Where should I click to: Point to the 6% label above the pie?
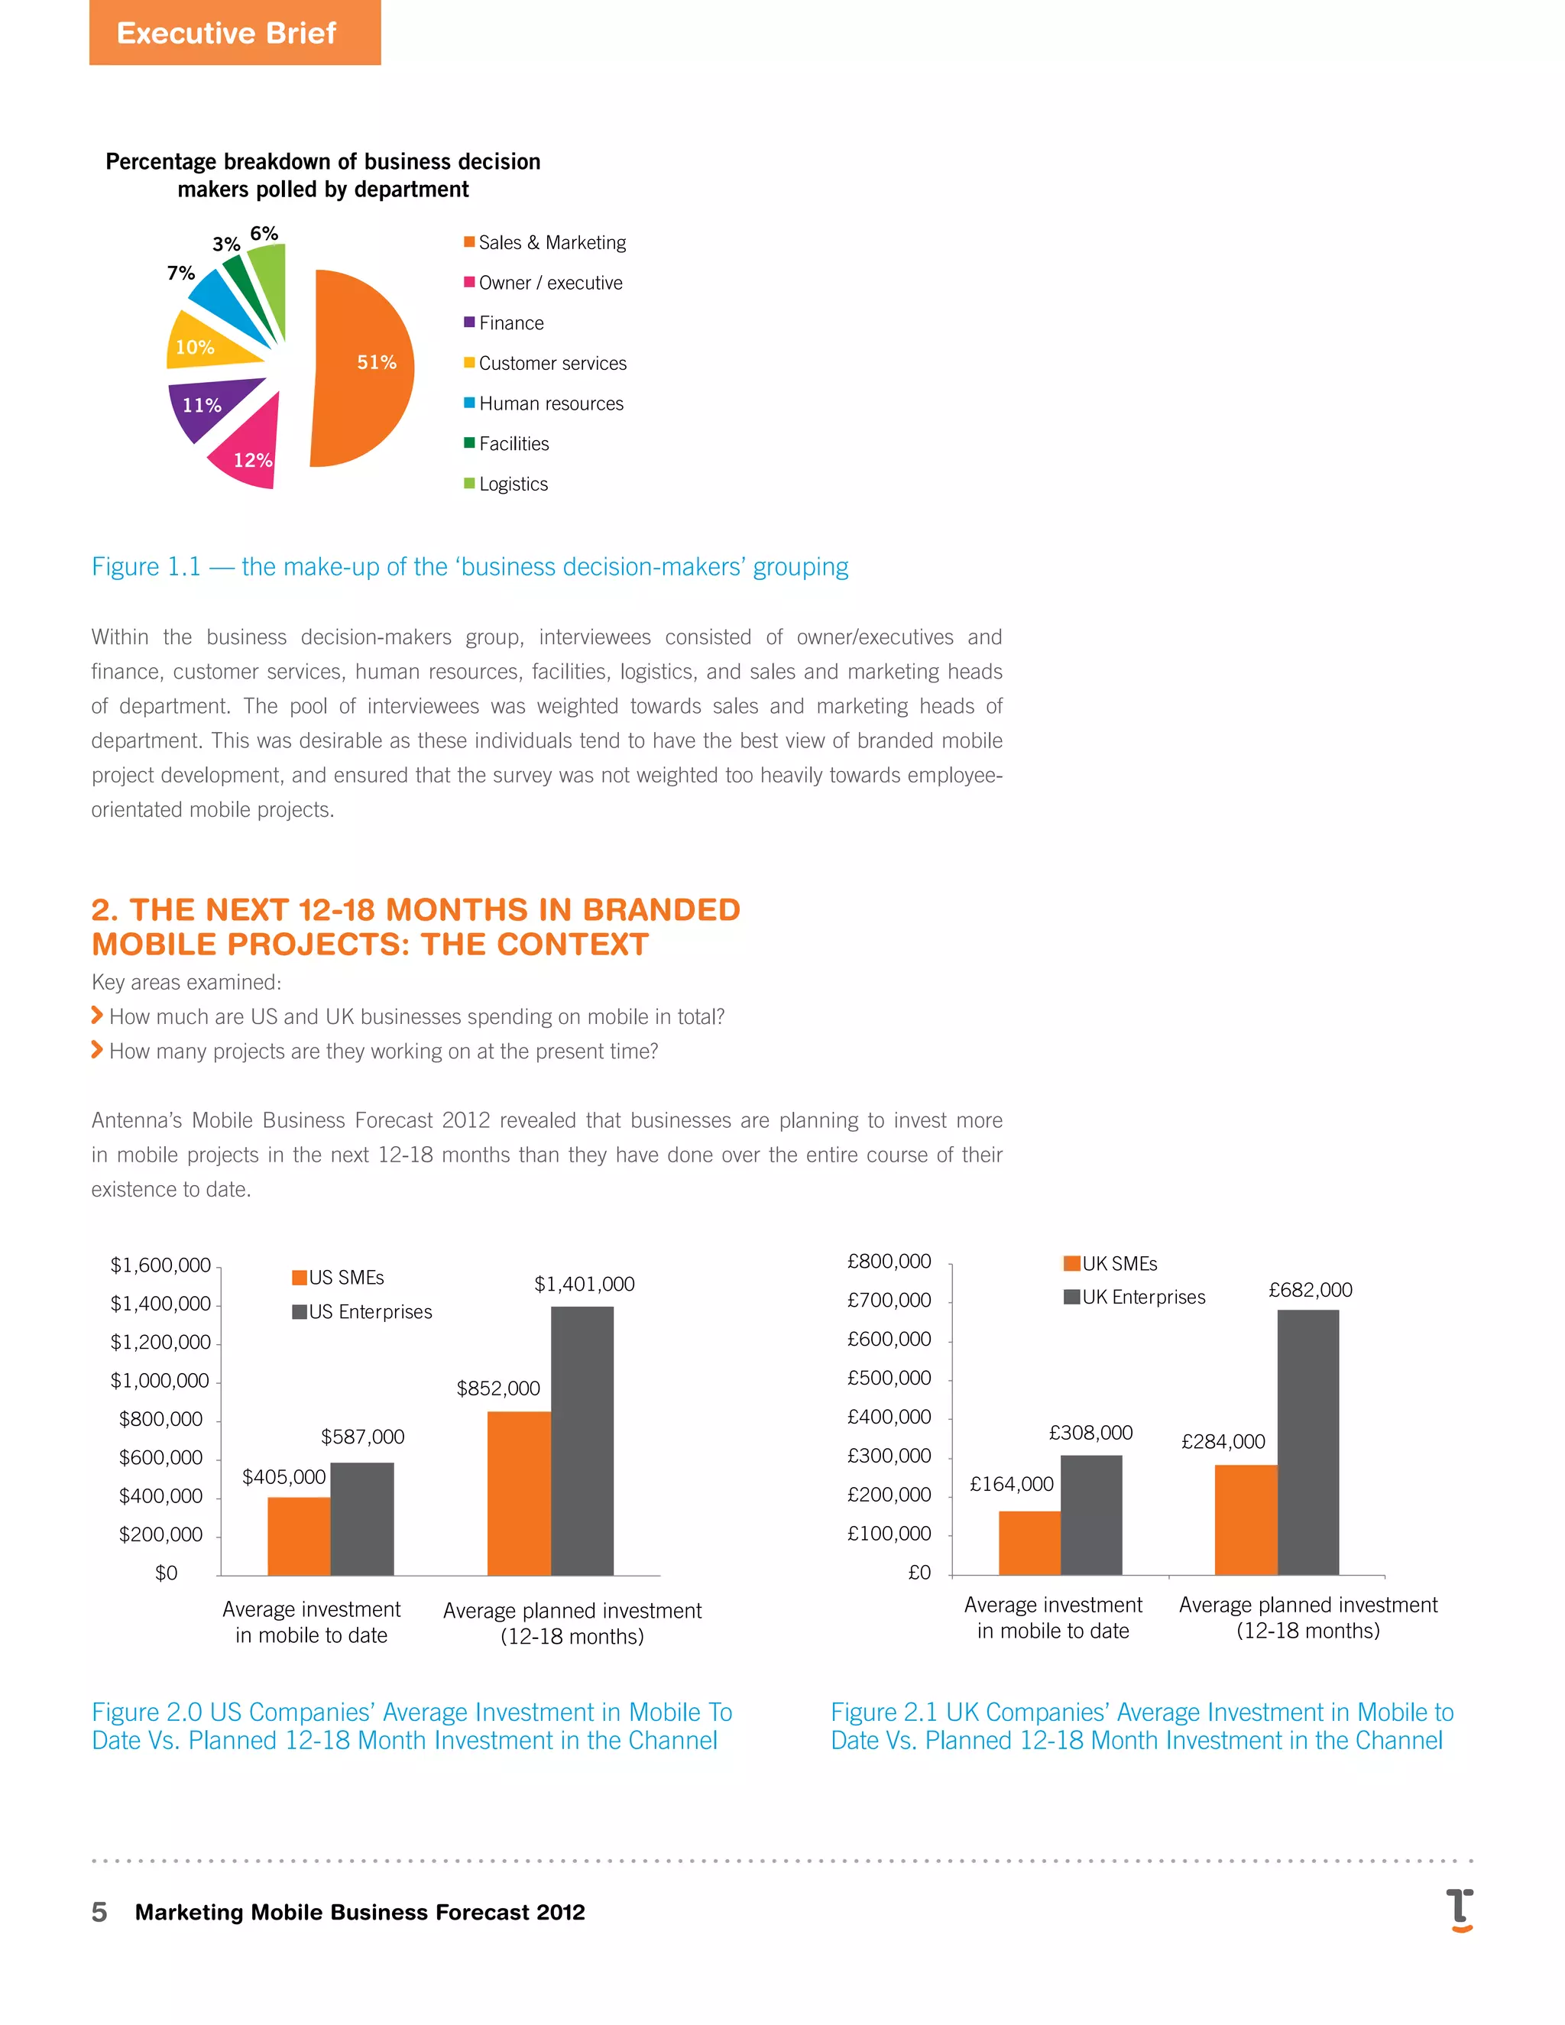pyautogui.click(x=264, y=234)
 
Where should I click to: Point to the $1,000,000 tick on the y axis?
pyautogui.click(x=160, y=1381)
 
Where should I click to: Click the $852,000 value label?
pyautogui.click(x=498, y=1388)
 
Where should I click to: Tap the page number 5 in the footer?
pyautogui.click(x=99, y=1912)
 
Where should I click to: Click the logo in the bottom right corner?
pyautogui.click(x=1460, y=1910)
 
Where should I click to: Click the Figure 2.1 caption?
pyautogui.click(x=1142, y=1725)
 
